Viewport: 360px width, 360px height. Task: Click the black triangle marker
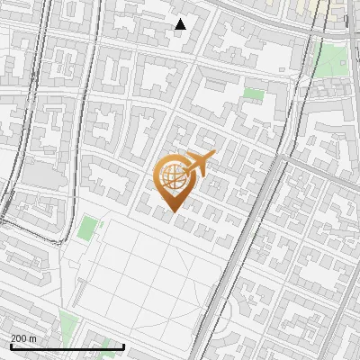coord(180,24)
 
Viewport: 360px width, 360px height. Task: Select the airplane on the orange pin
coord(197,165)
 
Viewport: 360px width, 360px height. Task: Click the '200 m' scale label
coord(24,338)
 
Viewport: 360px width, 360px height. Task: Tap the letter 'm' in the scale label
coord(33,338)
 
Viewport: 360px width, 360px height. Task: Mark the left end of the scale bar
coord(11,346)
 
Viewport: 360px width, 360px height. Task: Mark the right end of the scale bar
coord(98,346)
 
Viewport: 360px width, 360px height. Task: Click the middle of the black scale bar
coord(54,346)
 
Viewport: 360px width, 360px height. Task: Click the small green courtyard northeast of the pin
coord(255,94)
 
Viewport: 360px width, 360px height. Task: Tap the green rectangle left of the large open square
coord(86,228)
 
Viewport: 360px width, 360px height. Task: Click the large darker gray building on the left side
coord(40,175)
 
